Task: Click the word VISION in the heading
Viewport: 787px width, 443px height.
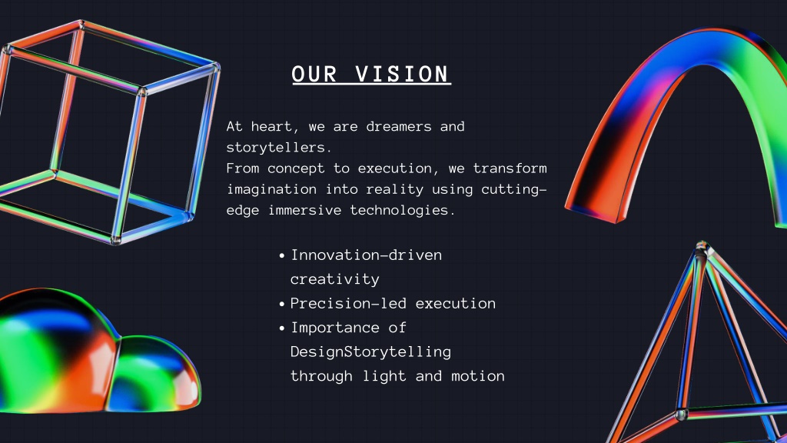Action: pos(402,75)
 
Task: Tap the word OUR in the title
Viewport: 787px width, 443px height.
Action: pos(314,75)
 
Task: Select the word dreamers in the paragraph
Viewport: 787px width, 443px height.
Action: pos(399,126)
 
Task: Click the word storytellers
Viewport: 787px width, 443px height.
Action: pos(279,147)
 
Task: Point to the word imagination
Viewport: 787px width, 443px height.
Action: pos(271,189)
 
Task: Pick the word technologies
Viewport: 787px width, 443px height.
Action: pos(403,210)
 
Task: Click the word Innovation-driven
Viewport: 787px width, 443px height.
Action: pos(367,255)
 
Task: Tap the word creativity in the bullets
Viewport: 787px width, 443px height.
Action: pos(335,279)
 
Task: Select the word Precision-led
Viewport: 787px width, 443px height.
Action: pos(348,303)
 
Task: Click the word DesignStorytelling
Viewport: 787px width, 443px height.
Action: pos(371,351)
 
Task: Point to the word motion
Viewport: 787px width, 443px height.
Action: pos(478,375)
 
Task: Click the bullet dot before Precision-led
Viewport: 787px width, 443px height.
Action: pos(281,305)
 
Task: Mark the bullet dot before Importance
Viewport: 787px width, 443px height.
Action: pos(281,328)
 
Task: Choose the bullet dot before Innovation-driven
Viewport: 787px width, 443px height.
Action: pos(281,256)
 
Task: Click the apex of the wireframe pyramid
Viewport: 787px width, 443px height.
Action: pos(702,245)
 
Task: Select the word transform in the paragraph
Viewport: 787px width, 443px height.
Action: pos(510,168)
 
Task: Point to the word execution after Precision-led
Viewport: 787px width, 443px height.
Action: pos(456,303)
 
